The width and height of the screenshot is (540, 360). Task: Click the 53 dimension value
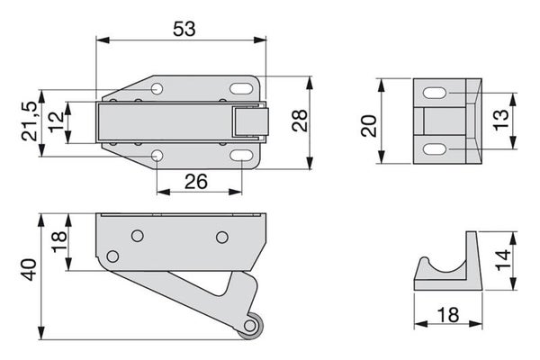184,29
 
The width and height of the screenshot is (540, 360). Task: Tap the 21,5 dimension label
30,121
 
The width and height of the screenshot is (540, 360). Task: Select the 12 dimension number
56,122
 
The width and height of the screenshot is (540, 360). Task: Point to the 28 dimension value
300,121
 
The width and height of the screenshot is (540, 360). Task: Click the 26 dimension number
196,182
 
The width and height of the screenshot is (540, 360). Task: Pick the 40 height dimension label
29,270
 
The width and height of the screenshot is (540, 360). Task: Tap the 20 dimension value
369,126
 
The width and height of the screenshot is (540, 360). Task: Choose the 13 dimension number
501,120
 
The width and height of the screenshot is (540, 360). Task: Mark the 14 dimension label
503,260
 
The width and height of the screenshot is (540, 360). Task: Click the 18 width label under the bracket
448,314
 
